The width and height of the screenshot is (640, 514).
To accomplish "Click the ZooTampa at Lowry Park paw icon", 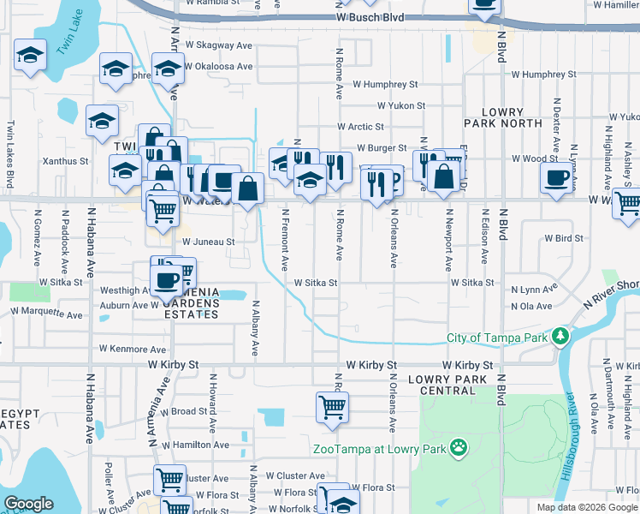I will tap(459, 446).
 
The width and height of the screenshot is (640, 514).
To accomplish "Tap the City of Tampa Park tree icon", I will tap(560, 335).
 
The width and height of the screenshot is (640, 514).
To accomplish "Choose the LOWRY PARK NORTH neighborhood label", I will tap(512, 118).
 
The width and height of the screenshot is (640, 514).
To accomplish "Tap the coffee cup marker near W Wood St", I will tap(558, 178).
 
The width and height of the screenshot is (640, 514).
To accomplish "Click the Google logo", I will tap(29, 504).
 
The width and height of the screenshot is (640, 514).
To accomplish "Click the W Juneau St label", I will tap(208, 242).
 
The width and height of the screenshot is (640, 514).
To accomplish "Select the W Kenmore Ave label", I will tap(133, 350).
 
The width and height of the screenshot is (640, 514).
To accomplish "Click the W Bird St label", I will tap(563, 238).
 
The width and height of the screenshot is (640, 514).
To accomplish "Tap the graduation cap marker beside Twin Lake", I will tap(31, 57).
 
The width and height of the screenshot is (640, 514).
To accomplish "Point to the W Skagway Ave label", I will tap(215, 45).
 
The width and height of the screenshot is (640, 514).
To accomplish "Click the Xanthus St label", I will tap(71, 161).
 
